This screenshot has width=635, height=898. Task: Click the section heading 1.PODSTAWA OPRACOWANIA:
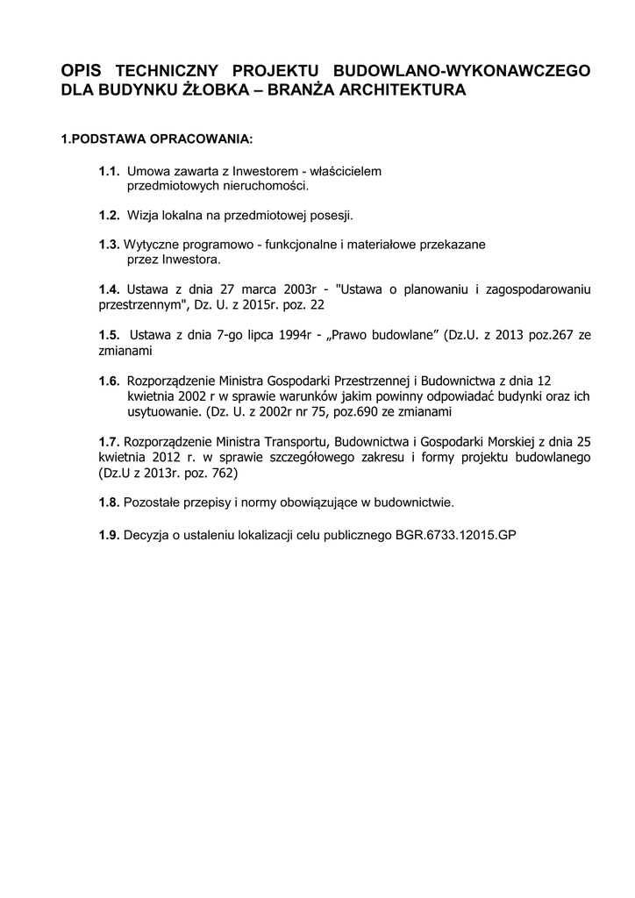pos(156,139)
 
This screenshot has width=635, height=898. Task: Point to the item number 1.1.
pos(109,172)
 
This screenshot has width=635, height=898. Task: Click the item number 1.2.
pos(109,215)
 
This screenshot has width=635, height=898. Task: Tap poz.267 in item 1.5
pos(549,335)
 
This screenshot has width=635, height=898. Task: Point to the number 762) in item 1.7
pos(223,472)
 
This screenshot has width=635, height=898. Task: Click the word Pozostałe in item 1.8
pos(153,502)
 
